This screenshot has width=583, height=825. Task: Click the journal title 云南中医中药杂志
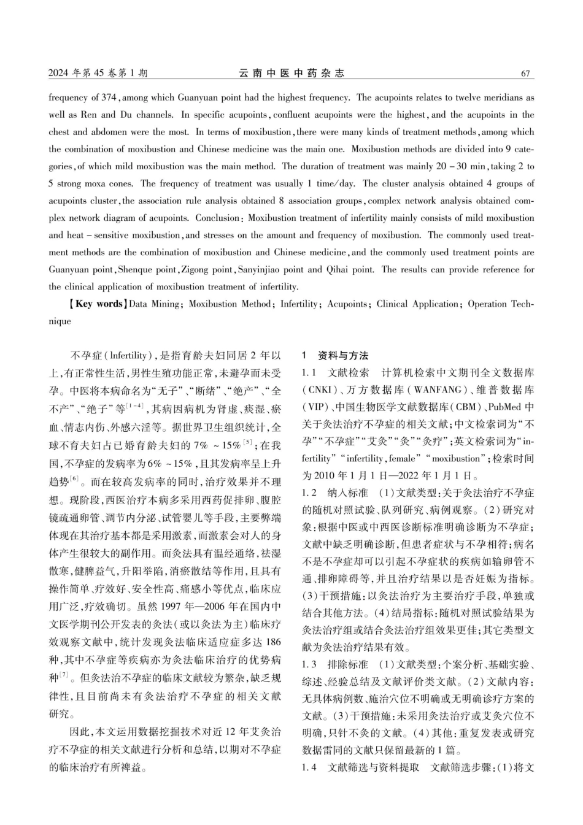[291, 74]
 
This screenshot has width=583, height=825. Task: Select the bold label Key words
[99, 304]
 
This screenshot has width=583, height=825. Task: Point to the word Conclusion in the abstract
[217, 218]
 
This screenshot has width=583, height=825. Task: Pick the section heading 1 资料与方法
[335, 356]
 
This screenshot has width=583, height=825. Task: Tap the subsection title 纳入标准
[349, 493]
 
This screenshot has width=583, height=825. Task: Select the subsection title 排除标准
[349, 664]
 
